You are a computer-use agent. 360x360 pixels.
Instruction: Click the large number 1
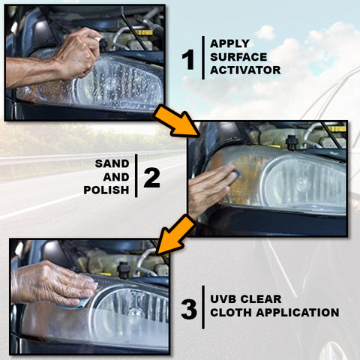click(x=188, y=59)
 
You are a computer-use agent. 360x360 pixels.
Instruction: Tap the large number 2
click(x=152, y=178)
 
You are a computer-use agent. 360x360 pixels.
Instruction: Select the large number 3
click(x=189, y=310)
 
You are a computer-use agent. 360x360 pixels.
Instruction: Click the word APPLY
click(x=229, y=43)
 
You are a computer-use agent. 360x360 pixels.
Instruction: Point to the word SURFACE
click(x=238, y=57)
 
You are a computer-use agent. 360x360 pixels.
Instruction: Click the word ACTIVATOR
click(x=245, y=70)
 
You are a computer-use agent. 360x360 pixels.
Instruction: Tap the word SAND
click(x=112, y=163)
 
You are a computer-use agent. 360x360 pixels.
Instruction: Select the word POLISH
click(x=106, y=190)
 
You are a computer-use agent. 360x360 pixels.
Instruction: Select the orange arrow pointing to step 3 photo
click(x=176, y=235)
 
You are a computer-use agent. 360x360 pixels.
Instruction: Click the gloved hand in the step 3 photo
click(x=54, y=283)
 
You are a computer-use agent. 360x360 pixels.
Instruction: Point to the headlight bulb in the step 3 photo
click(x=135, y=313)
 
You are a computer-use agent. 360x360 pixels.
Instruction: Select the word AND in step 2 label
click(x=116, y=177)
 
